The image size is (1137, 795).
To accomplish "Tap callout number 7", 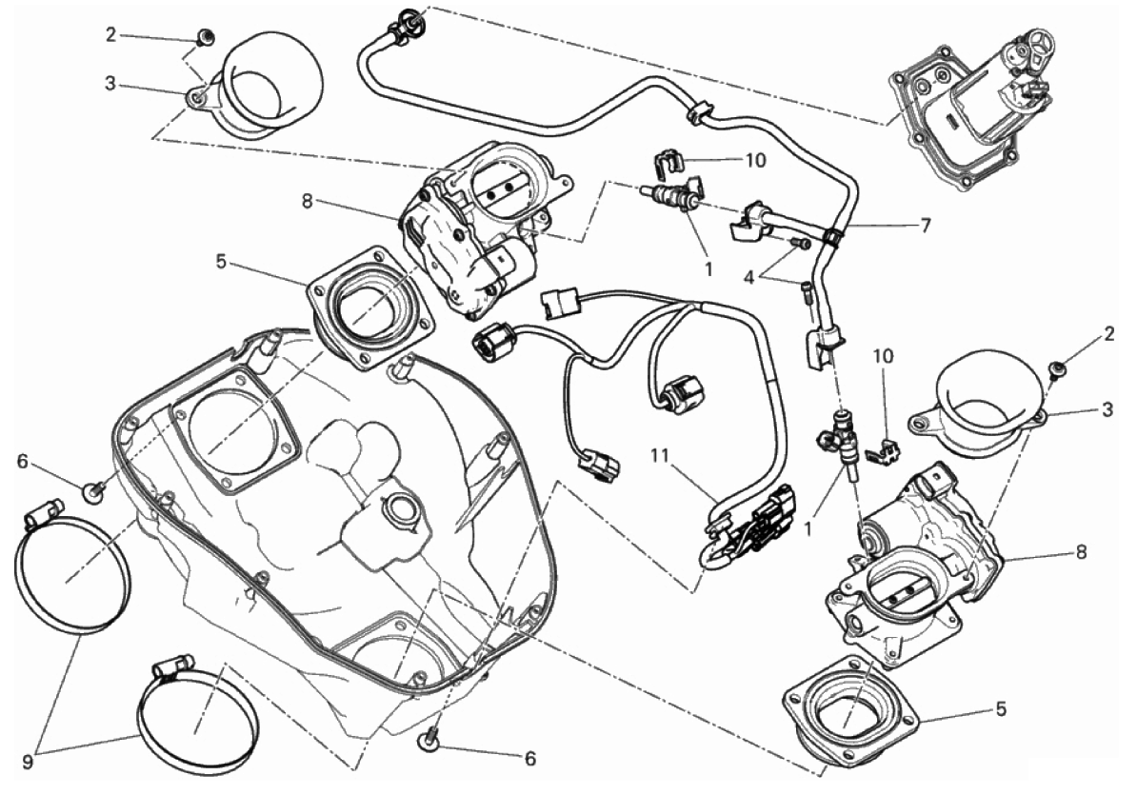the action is pyautogui.click(x=926, y=225).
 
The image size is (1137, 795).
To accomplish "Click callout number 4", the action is pyautogui.click(x=750, y=276).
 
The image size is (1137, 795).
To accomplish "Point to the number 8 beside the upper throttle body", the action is pyautogui.click(x=308, y=201).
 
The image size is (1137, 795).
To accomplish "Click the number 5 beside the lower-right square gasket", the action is pyautogui.click(x=1001, y=709).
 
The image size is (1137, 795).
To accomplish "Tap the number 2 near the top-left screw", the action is pyautogui.click(x=110, y=34).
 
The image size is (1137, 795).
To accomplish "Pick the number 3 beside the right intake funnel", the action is pyautogui.click(x=1107, y=409).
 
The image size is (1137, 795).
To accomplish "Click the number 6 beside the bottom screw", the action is pyautogui.click(x=530, y=758).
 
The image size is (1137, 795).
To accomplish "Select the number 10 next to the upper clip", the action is pyautogui.click(x=755, y=159).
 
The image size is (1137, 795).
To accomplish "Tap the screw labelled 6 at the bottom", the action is pyautogui.click(x=428, y=739).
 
